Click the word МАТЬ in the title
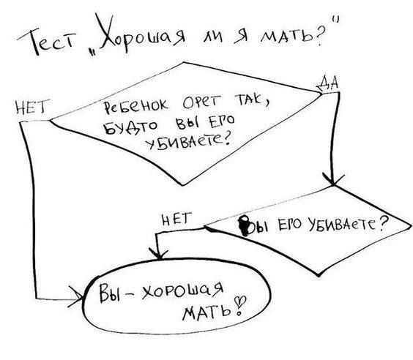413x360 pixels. (286, 36)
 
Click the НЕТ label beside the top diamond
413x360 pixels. (31, 107)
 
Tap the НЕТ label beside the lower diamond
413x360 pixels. (176, 220)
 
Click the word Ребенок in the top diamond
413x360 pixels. (135, 106)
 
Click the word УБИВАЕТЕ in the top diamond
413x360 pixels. (188, 142)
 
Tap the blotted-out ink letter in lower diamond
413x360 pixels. (245, 225)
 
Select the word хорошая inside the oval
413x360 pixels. (182, 290)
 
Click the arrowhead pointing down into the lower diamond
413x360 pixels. (333, 179)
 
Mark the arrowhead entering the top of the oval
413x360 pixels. (158, 254)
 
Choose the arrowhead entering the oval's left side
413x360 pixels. (76, 297)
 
